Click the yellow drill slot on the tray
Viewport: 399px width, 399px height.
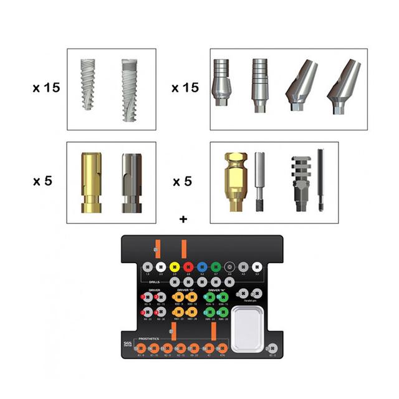tap(173, 264)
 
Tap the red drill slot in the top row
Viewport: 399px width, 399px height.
tap(187, 264)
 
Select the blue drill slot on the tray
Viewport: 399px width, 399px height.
tap(201, 264)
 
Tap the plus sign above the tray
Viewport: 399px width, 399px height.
tap(183, 219)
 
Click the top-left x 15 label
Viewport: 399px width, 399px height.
tap(47, 88)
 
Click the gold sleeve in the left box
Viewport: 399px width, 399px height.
tap(89, 183)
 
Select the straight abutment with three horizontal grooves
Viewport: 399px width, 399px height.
tap(260, 85)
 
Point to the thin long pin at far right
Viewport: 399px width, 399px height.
tap(320, 179)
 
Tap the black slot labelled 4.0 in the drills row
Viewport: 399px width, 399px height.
tap(229, 264)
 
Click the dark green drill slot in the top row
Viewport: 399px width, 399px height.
tap(216, 264)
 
